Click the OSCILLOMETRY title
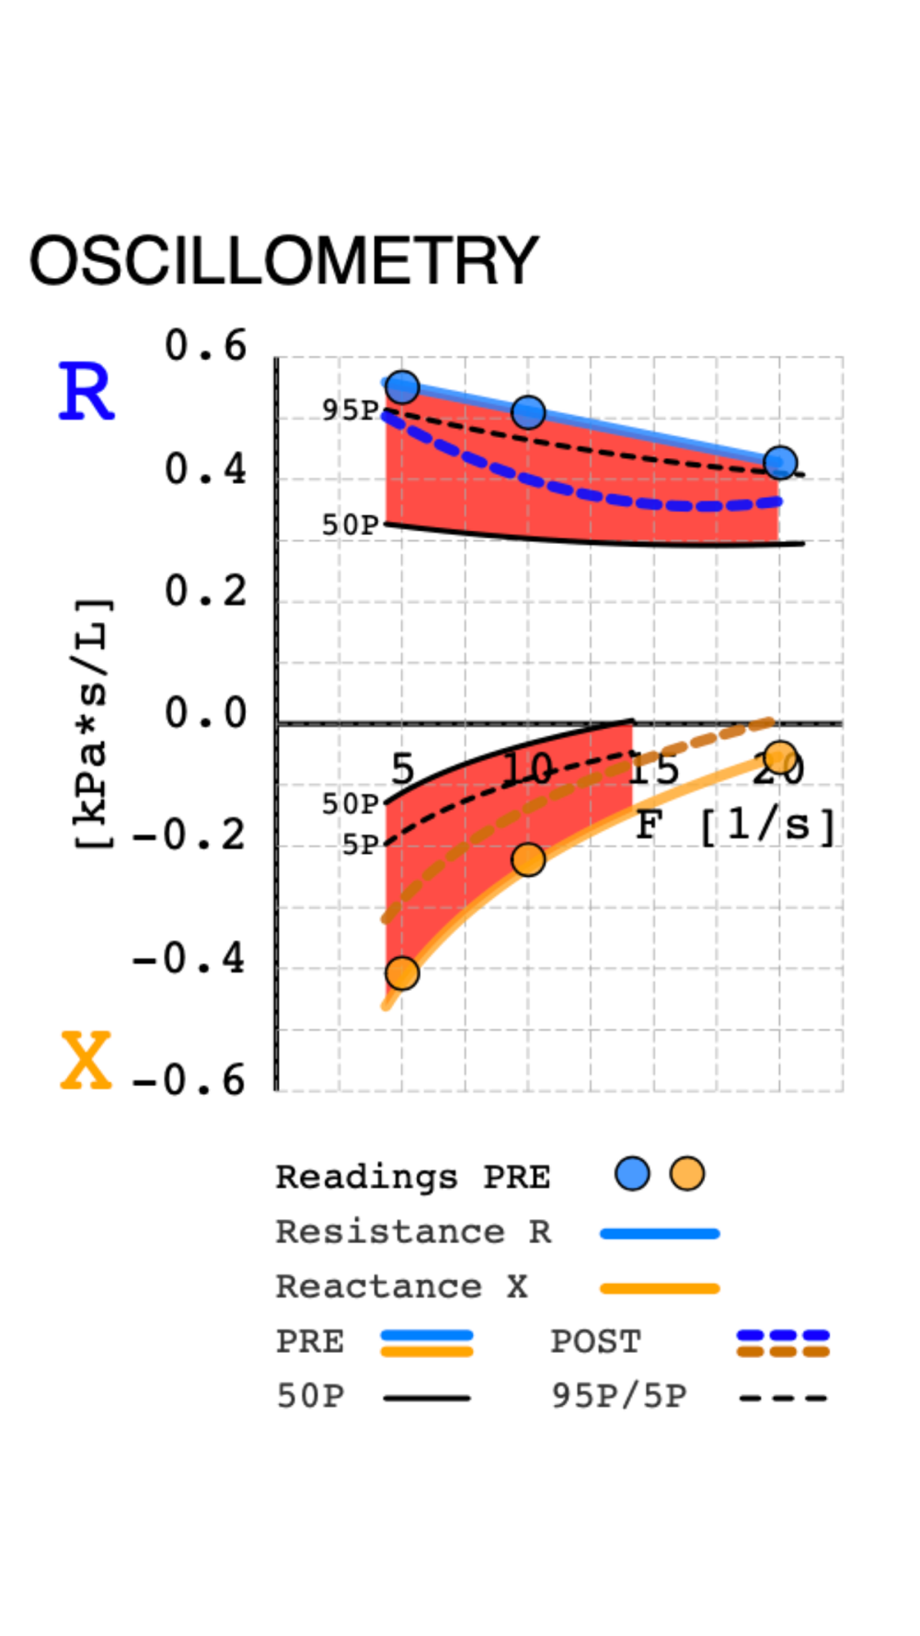283,260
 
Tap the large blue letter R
86,392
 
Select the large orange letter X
86,1061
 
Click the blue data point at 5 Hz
402,387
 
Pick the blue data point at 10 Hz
528,412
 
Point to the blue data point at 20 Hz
780,462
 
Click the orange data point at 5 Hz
402,973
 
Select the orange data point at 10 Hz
528,859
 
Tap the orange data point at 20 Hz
780,758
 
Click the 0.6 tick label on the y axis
206,347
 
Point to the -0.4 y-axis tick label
190,960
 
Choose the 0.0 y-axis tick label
206,714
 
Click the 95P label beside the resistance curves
350,410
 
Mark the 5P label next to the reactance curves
360,845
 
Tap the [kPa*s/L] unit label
92,723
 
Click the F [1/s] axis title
736,825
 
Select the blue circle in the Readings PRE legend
632,1174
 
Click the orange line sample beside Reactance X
660,1288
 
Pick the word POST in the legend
595,1342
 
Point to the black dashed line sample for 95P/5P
783,1398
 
